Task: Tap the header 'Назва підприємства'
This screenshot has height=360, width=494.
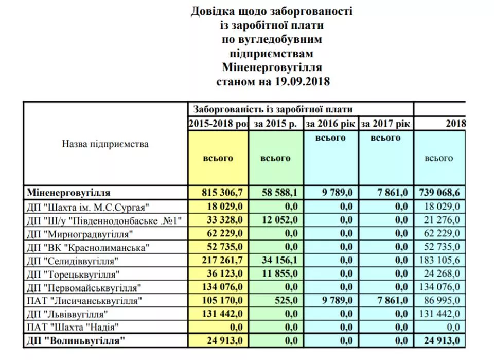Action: coord(105,144)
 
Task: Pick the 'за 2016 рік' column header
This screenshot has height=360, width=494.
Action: coord(331,124)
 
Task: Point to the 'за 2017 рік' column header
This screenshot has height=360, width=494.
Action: coord(385,124)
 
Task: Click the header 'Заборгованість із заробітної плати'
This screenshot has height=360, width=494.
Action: coord(273,109)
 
